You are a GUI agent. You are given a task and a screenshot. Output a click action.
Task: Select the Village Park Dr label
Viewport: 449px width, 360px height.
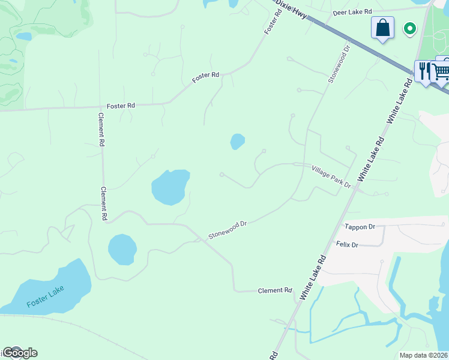331,177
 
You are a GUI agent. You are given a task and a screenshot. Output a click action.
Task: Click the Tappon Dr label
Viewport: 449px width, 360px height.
360,227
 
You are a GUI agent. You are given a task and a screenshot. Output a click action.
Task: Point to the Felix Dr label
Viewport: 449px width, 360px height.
347,245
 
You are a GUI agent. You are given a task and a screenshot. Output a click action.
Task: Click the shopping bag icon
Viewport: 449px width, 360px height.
382,28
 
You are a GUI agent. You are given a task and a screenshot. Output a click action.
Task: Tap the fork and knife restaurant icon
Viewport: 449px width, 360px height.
424,70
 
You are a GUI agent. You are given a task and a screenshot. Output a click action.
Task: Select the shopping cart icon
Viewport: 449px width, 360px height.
442,71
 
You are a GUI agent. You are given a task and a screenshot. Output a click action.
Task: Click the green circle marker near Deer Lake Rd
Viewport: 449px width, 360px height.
411,28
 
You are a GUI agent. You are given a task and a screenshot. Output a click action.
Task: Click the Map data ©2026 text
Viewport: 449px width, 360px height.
423,355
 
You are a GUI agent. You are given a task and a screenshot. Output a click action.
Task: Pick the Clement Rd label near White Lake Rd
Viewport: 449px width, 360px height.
274,290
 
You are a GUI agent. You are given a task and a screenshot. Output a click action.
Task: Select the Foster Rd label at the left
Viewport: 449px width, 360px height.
121,106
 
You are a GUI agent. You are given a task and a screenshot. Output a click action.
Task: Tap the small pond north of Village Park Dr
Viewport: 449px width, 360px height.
238,142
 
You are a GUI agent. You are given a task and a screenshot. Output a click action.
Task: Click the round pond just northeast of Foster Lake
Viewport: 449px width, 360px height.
122,249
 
